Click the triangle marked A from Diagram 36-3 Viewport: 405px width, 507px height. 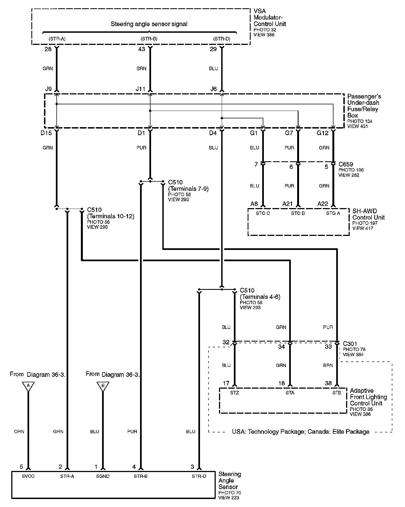click(28, 386)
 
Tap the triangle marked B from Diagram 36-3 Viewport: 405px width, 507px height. click(103, 386)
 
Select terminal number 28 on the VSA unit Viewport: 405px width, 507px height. click(48, 50)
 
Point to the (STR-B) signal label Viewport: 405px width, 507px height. click(149, 39)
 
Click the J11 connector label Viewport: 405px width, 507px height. click(140, 89)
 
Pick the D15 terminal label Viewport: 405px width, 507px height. click(46, 133)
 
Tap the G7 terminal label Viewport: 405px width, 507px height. click(289, 133)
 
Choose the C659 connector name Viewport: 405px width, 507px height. click(346, 164)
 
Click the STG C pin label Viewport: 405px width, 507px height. click(263, 213)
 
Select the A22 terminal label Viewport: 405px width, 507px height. click(323, 204)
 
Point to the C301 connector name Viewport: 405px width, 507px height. click(350, 344)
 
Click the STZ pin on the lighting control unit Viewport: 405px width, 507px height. click(234, 393)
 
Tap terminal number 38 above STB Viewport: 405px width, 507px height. click(328, 383)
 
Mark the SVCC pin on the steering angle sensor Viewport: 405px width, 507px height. click(28, 476)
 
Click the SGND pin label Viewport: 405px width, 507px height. click(103, 476)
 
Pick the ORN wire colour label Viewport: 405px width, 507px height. click(19, 432)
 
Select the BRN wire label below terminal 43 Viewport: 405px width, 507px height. click(141, 69)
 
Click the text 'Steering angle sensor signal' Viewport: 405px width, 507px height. click(149, 24)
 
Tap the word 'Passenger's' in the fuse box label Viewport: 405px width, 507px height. click(364, 97)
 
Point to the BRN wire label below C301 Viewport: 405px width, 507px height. click(328, 366)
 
